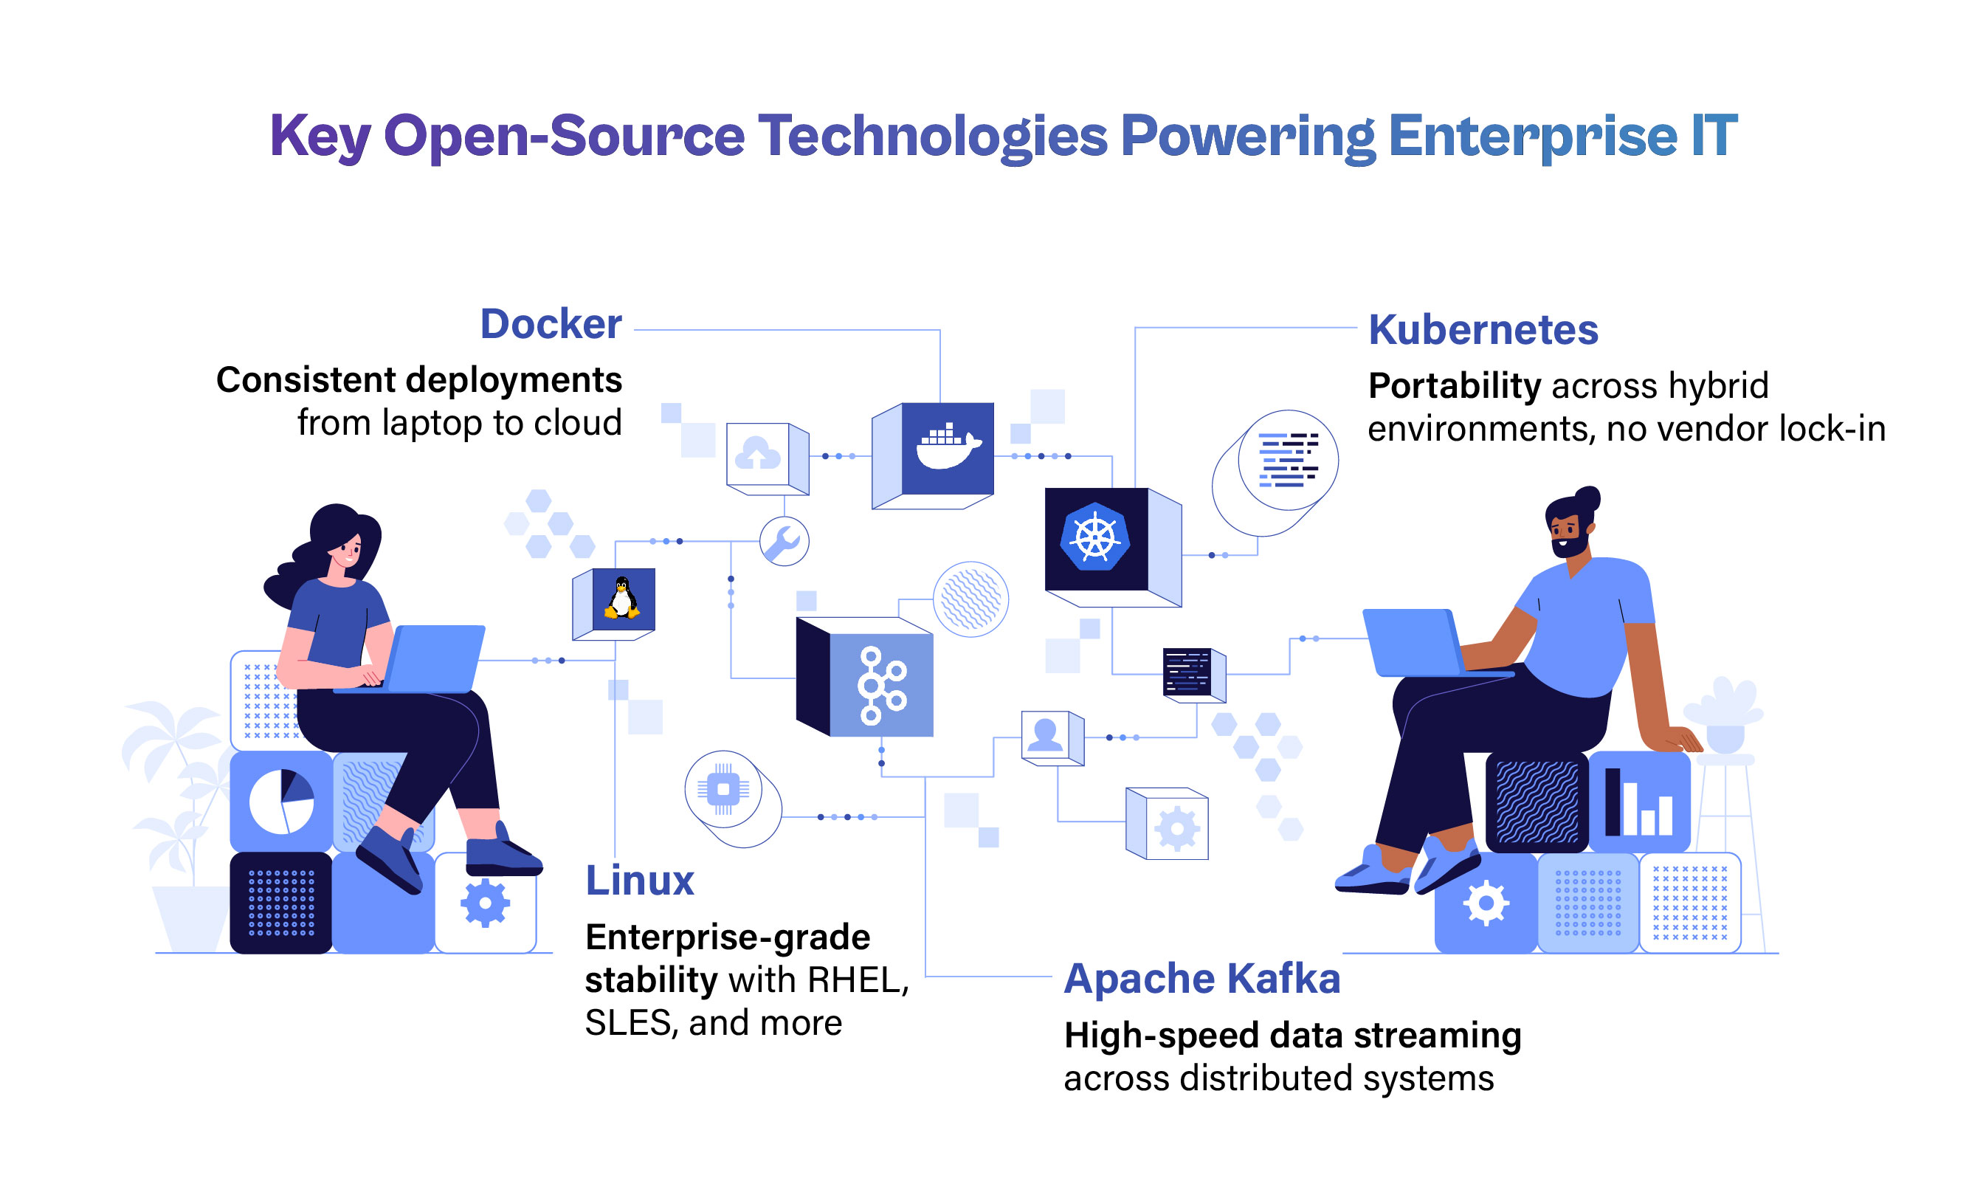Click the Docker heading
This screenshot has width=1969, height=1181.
(x=551, y=324)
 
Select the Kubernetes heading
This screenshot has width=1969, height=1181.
(x=1483, y=329)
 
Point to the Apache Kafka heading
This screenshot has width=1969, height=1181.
(x=1202, y=978)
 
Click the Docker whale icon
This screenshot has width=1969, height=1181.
(x=948, y=448)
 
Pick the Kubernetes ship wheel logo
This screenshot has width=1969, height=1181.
(x=1095, y=537)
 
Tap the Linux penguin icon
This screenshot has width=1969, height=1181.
(x=622, y=599)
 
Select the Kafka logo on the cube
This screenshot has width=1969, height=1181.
(x=880, y=685)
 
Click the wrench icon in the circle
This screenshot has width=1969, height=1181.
(x=784, y=541)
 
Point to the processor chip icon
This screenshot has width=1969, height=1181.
(x=723, y=788)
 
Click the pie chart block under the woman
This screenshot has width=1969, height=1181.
(x=281, y=802)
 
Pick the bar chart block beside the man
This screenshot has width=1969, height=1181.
(x=1639, y=802)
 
